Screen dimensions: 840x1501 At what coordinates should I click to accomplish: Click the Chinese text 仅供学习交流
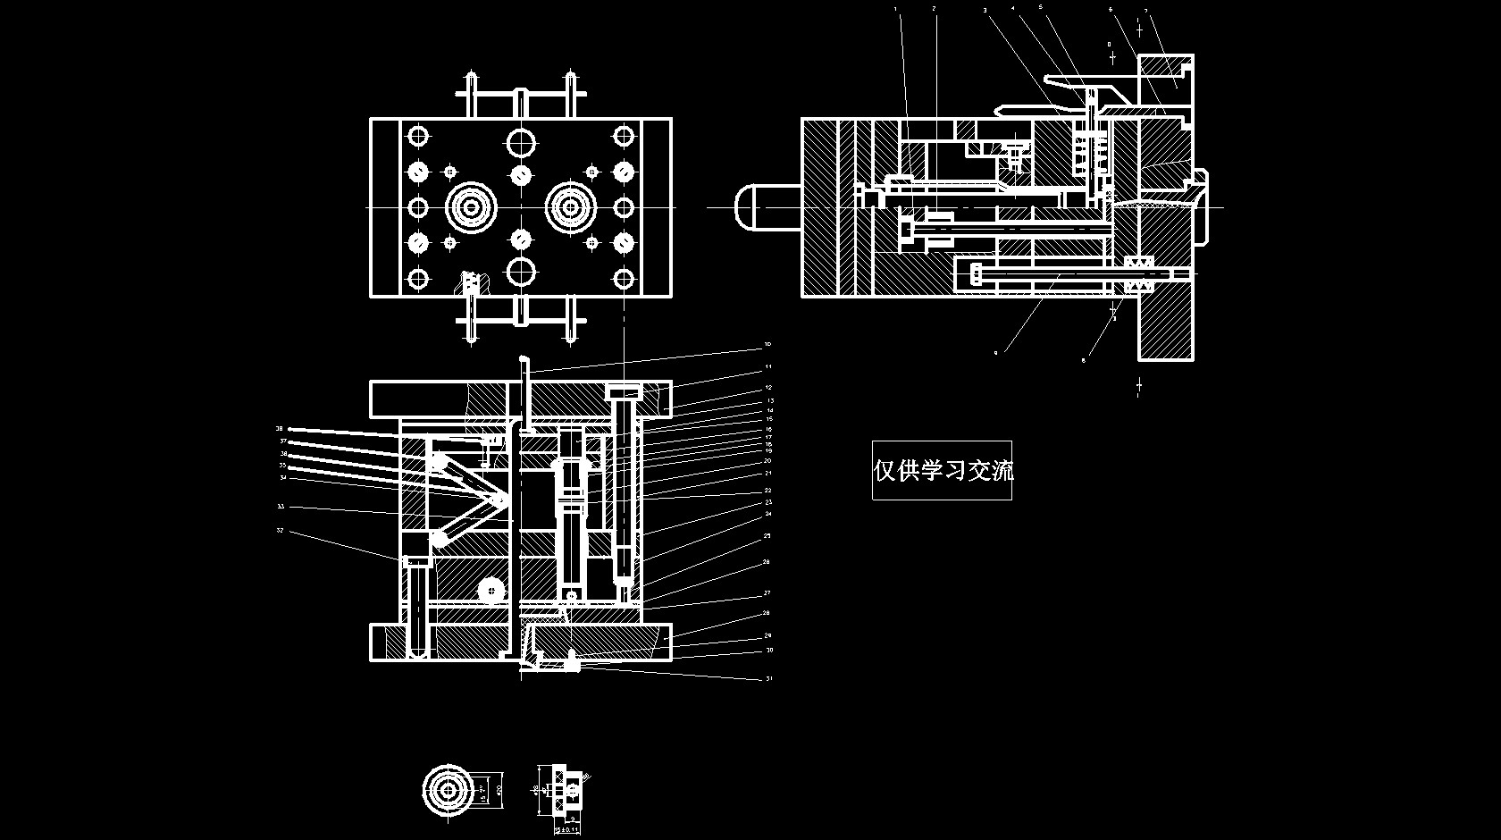coord(943,470)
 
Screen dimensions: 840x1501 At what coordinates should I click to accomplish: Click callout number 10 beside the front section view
coord(767,344)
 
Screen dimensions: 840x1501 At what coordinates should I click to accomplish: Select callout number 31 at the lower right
coord(769,679)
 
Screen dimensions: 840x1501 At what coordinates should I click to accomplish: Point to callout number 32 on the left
coord(280,531)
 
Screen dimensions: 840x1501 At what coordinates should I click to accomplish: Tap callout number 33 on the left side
coord(280,507)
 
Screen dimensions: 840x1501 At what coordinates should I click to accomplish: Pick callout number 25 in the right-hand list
coord(767,536)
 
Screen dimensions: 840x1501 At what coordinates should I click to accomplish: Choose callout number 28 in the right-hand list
coord(767,614)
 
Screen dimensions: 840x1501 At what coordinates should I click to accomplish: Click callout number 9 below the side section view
coord(995,353)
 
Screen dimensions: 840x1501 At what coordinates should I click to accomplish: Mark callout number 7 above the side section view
coord(1146,12)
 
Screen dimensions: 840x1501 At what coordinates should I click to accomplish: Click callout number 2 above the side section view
coord(934,8)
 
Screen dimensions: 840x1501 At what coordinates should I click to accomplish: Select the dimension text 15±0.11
coord(567,830)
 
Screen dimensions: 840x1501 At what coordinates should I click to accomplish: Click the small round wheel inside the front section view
coord(491,590)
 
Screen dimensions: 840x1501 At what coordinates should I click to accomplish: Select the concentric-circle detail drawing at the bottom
coord(447,789)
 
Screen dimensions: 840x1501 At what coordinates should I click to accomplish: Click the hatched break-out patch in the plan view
coord(471,283)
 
